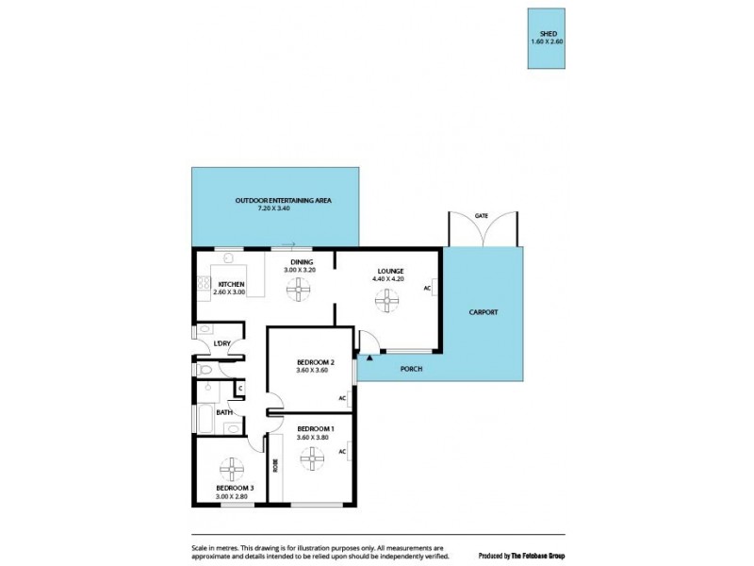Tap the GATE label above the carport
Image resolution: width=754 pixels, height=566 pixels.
pyautogui.click(x=481, y=216)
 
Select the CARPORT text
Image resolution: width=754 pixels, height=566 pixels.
pyautogui.click(x=484, y=311)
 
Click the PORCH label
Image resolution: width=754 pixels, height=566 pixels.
pyautogui.click(x=410, y=368)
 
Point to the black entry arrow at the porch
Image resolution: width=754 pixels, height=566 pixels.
pyautogui.click(x=369, y=357)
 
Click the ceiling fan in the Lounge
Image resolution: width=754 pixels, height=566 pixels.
pyautogui.click(x=386, y=301)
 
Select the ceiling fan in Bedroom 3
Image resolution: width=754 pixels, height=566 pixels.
pyautogui.click(x=231, y=469)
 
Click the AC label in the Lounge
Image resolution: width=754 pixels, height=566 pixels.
pyautogui.click(x=427, y=288)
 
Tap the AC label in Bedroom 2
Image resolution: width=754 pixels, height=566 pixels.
pyautogui.click(x=342, y=398)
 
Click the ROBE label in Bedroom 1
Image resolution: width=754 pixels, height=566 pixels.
pyautogui.click(x=275, y=465)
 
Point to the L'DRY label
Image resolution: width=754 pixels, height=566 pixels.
pyautogui.click(x=222, y=342)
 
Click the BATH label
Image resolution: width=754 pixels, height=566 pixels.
pyautogui.click(x=224, y=412)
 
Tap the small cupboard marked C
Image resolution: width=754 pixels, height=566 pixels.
pyautogui.click(x=239, y=388)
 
